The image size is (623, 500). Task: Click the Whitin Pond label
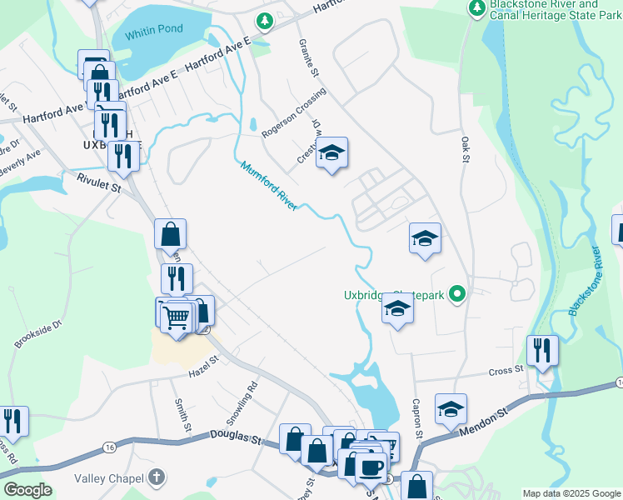click(153, 29)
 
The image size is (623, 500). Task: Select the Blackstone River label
click(584, 281)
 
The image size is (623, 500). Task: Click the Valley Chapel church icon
click(155, 478)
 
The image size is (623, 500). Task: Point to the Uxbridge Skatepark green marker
click(456, 294)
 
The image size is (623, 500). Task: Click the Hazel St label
click(202, 360)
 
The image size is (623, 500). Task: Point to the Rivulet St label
click(99, 187)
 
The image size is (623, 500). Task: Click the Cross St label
click(506, 369)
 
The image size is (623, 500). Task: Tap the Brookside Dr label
click(38, 332)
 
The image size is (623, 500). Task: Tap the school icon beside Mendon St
click(451, 408)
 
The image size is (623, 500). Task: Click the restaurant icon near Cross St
click(542, 350)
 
